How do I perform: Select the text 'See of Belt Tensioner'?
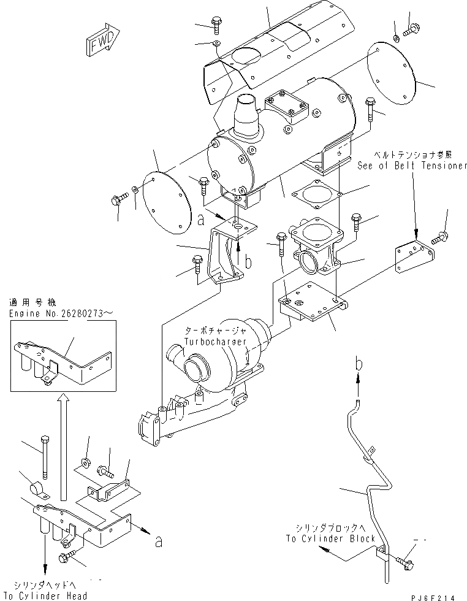(412, 166)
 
